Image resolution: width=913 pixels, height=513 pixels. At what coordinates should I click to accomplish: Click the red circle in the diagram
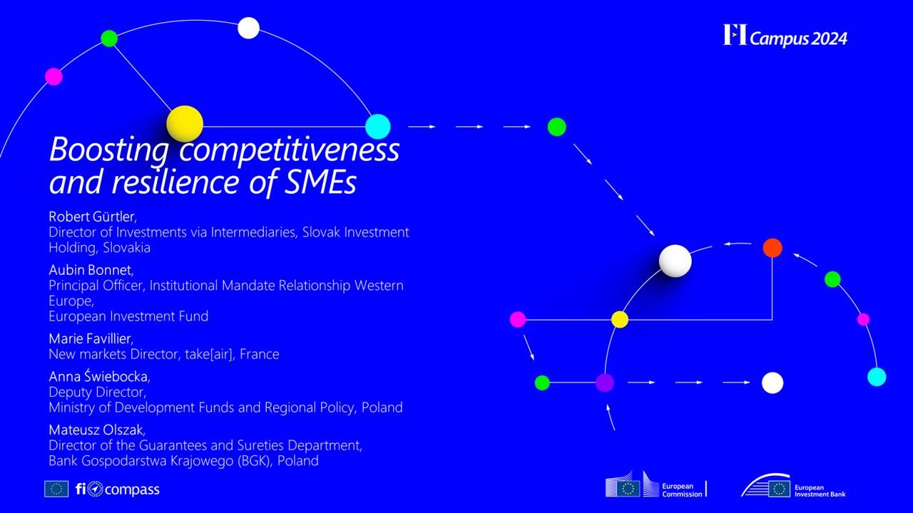(772, 248)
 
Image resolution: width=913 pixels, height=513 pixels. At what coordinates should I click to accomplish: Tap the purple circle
(605, 383)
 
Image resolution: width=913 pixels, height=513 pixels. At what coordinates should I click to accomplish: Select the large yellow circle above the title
(185, 124)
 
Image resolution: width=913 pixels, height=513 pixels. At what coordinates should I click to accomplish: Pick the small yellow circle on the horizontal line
(620, 320)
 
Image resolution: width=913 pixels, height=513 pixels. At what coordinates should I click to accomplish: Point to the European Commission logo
(656, 484)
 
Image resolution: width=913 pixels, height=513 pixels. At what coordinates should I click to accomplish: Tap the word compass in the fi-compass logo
(132, 489)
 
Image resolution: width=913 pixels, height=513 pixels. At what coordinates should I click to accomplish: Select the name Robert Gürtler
(92, 217)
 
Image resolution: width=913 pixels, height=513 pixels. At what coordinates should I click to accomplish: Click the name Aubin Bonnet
(90, 270)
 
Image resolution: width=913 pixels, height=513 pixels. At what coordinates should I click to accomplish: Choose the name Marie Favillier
(90, 338)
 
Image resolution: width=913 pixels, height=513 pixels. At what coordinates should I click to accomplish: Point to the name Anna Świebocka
(98, 376)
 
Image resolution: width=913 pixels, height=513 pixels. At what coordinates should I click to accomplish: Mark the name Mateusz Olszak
(96, 430)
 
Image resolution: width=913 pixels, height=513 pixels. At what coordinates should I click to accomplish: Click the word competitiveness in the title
(290, 150)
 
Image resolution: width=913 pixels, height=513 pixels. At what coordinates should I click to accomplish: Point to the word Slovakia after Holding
(127, 247)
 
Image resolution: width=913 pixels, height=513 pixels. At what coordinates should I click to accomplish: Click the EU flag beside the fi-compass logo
(56, 489)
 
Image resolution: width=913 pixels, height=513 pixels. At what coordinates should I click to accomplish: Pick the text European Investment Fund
(128, 316)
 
